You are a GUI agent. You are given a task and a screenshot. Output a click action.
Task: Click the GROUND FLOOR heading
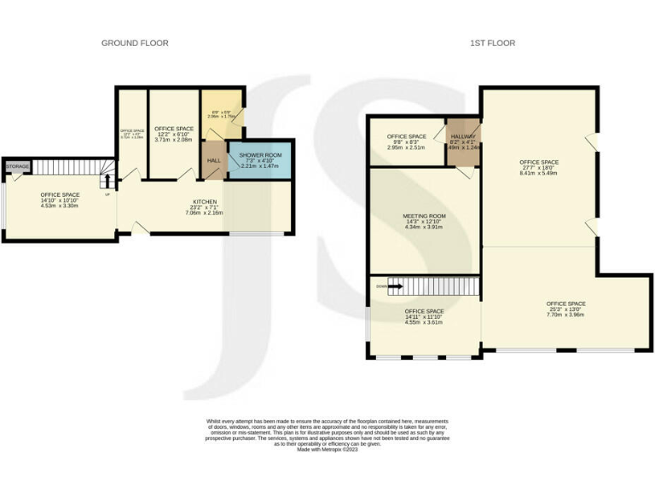(135, 43)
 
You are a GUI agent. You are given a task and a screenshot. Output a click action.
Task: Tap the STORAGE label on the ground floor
(18, 166)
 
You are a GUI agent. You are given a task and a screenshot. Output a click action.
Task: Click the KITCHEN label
(204, 202)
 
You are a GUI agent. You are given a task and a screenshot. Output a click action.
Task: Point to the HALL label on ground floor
(213, 160)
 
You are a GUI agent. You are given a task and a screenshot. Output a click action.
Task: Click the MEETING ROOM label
(424, 216)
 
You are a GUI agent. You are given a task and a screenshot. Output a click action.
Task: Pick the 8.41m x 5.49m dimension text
(538, 173)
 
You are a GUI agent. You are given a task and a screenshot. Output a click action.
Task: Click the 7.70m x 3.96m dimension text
(565, 315)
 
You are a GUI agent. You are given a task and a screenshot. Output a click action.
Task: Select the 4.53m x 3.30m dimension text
(60, 205)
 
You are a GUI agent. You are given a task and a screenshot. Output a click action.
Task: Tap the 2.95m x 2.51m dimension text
(406, 147)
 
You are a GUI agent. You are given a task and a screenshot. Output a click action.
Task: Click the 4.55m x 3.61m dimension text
(424, 322)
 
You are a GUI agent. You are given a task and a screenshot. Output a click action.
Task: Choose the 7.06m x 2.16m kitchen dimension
(204, 213)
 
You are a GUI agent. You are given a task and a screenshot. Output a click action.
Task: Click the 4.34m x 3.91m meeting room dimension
(424, 227)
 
